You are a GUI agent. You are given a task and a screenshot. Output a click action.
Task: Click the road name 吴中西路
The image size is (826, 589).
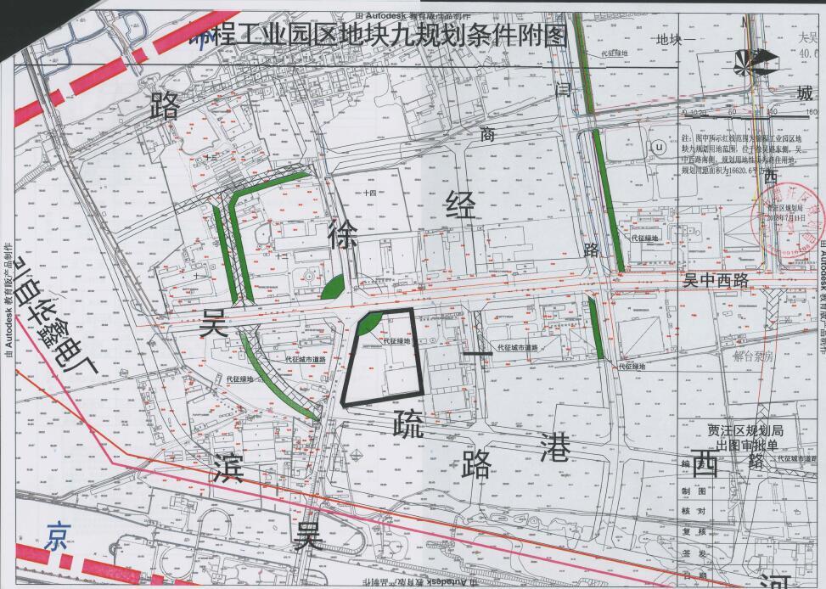click(716, 279)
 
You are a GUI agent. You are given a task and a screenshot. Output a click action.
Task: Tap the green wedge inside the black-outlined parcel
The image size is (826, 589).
click(367, 323)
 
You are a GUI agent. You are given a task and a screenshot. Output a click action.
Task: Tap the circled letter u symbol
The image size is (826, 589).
click(659, 146)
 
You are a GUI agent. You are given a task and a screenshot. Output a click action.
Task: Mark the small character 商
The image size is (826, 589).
click(486, 133)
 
